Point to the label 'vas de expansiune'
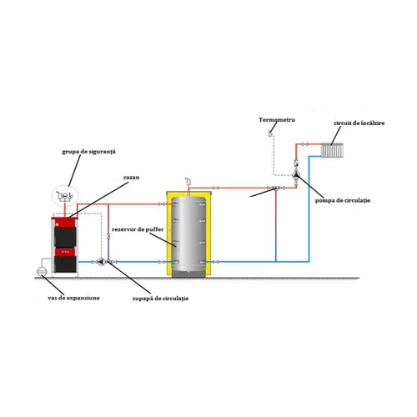(x=73, y=298)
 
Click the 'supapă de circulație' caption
(x=160, y=298)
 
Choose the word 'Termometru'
(x=276, y=121)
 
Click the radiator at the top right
(x=334, y=150)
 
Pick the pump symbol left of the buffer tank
(x=101, y=261)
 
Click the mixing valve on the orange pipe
(x=275, y=189)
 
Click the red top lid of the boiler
(x=66, y=214)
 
